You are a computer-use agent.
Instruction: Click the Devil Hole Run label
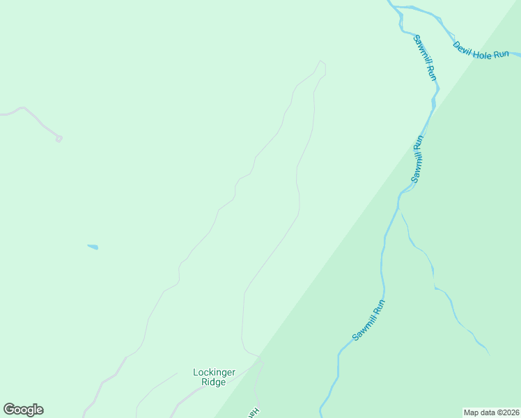tap(481, 50)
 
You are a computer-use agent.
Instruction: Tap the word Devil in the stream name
tap(462, 47)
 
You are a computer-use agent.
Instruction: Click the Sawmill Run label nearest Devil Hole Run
tap(425, 57)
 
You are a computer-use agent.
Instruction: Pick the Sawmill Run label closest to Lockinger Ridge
tap(368, 320)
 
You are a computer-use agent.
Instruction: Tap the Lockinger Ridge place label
tap(214, 377)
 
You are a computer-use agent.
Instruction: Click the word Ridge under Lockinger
tap(214, 382)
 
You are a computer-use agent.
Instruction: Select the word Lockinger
tap(214, 372)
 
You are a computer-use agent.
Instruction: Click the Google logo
tap(23, 410)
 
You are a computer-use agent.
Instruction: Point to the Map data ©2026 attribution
tap(491, 412)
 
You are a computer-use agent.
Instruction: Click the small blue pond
tap(93, 247)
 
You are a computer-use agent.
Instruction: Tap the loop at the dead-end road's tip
tap(59, 139)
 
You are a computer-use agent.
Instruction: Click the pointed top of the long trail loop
tap(321, 62)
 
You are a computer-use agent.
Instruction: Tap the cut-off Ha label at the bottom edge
tap(255, 412)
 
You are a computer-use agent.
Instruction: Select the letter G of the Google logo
tap(9, 410)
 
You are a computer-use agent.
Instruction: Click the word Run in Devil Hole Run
tap(501, 54)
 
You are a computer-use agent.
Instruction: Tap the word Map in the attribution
tap(472, 412)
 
